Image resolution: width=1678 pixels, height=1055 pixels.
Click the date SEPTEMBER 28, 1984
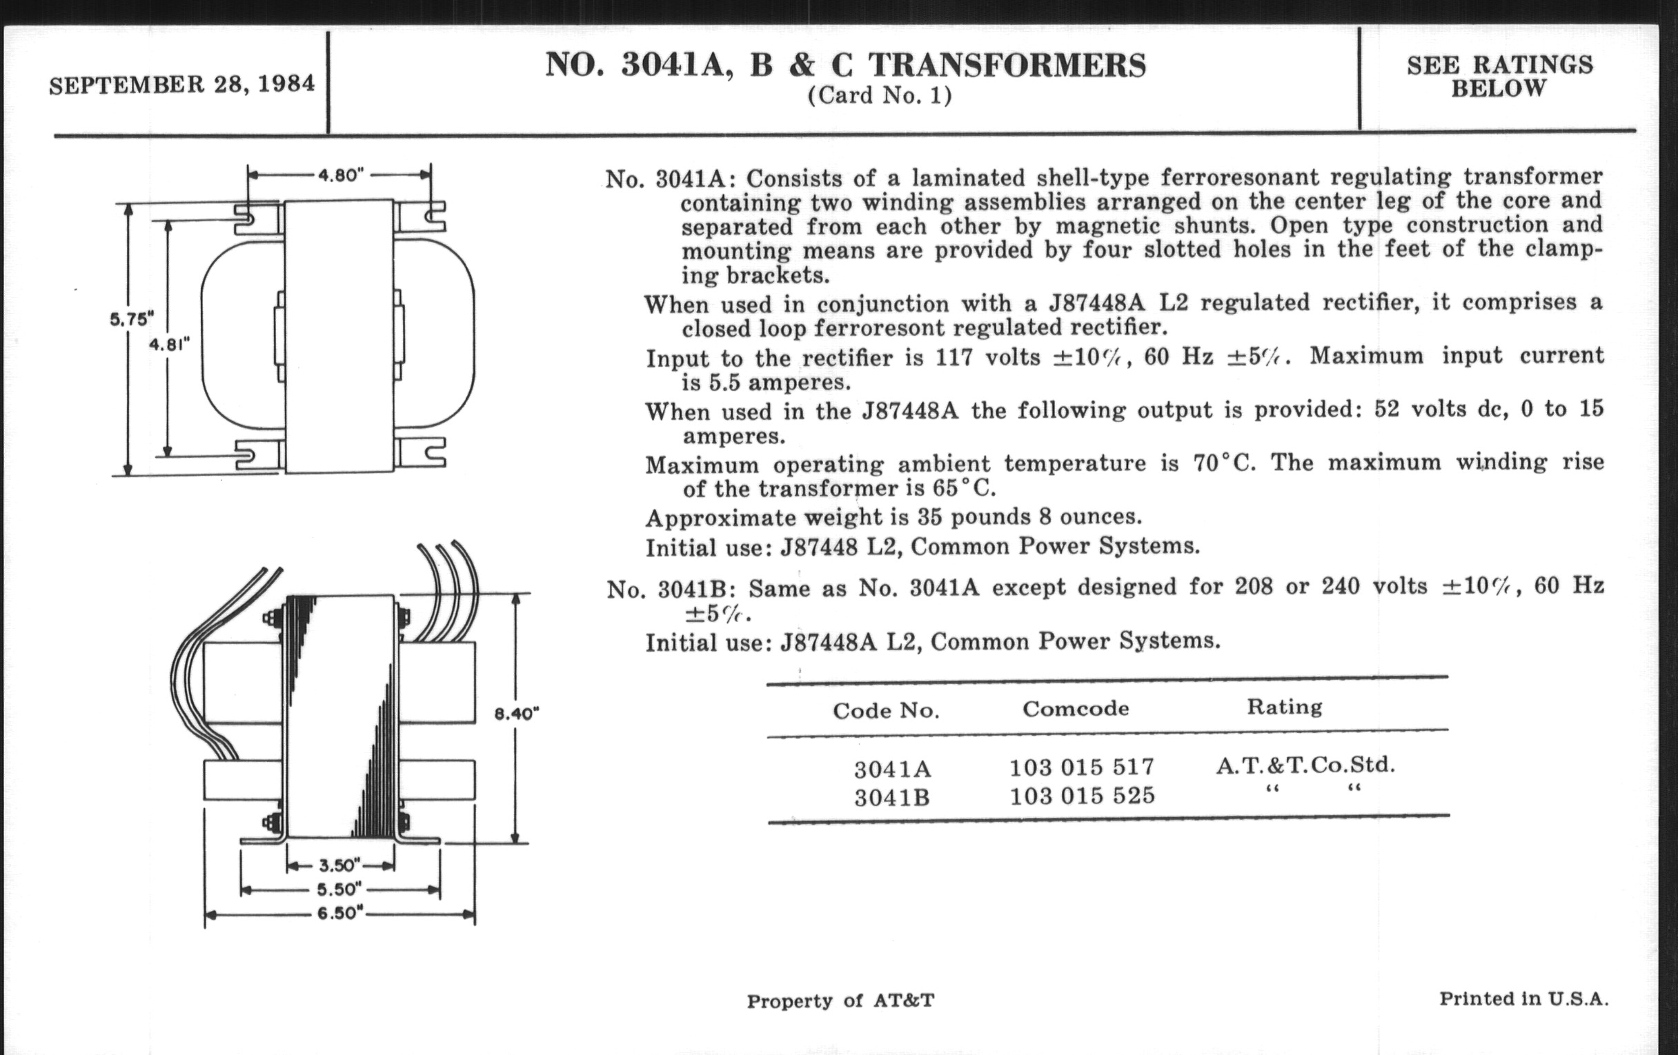pos(181,85)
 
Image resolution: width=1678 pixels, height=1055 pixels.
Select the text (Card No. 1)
pos(880,95)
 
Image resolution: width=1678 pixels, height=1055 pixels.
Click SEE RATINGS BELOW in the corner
pos(1499,77)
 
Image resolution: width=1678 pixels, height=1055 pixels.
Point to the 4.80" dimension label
pos(342,175)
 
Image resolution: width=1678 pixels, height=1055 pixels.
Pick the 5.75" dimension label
pos(131,320)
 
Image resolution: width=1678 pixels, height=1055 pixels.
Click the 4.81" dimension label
pos(169,344)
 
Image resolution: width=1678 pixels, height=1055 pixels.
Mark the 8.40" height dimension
pos(516,714)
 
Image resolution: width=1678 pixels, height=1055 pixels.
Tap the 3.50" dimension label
pos(339,865)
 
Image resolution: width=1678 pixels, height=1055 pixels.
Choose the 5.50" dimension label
pos(339,890)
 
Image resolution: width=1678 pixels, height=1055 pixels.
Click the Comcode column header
pos(1075,708)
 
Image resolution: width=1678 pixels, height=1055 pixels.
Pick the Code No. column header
pos(886,710)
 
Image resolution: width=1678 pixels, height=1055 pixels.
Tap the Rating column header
pos(1284,707)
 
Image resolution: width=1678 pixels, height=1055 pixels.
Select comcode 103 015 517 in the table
pos(1081,767)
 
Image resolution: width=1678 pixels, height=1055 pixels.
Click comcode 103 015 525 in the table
pos(1082,794)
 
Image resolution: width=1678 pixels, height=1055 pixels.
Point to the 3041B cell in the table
pos(892,796)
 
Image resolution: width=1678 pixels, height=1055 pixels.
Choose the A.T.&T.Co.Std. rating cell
pos(1305,765)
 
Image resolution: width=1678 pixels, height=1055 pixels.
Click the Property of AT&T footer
pos(840,1001)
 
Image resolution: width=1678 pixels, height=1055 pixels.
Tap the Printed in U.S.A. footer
pos(1523,999)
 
